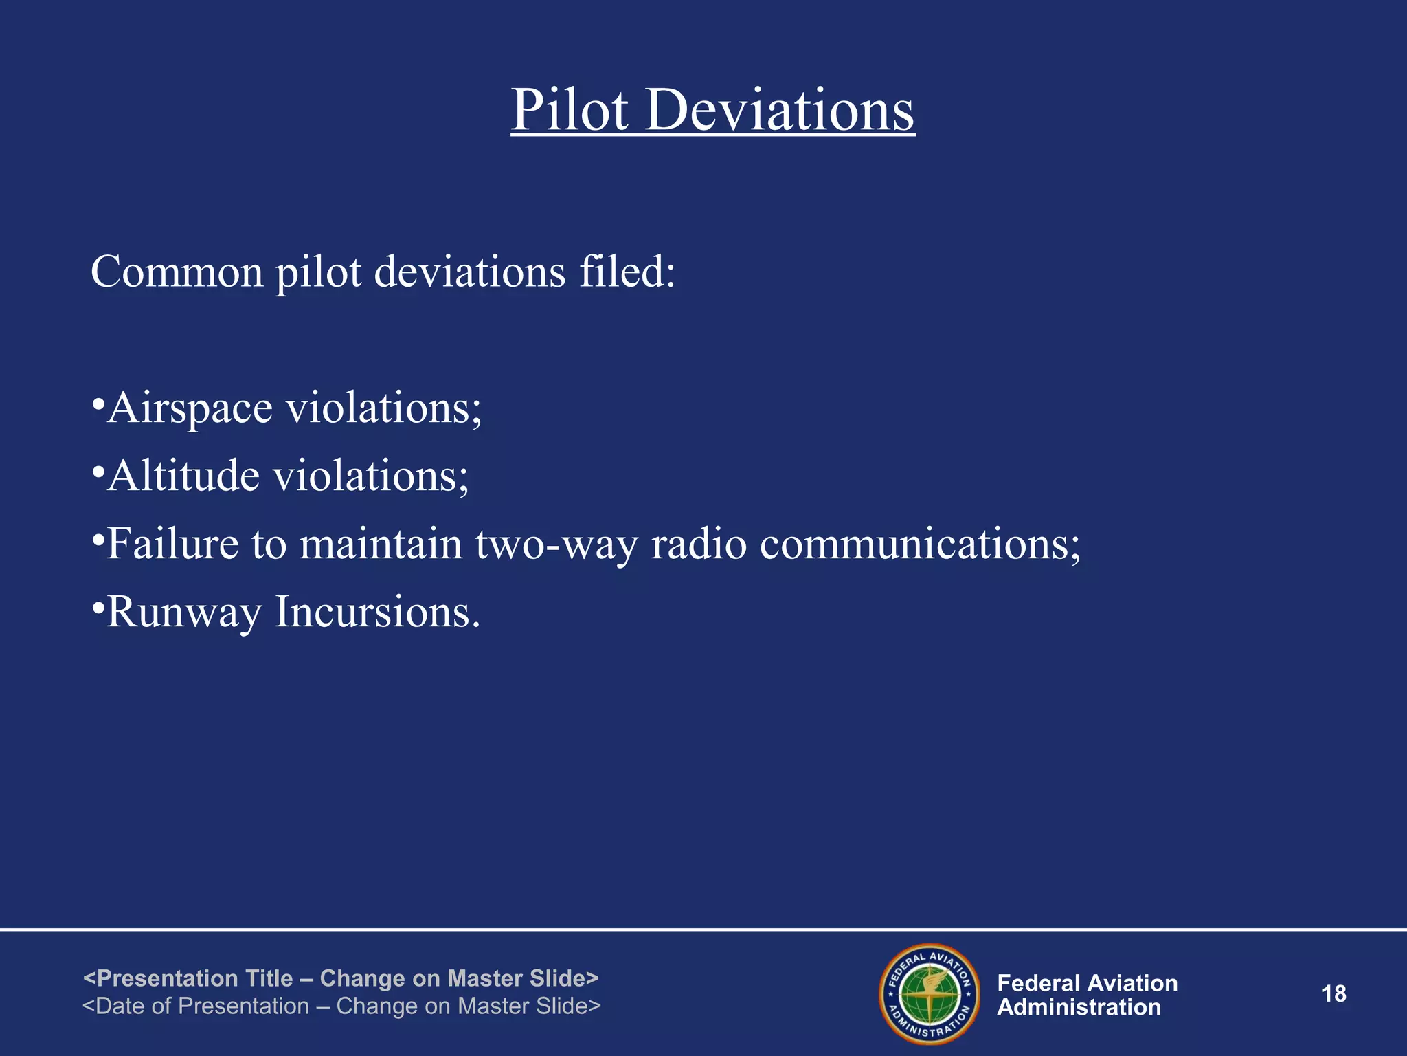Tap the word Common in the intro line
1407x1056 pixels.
point(177,272)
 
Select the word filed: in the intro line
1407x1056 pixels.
point(627,272)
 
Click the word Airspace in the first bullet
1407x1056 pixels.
point(190,408)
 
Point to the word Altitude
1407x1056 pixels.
point(183,476)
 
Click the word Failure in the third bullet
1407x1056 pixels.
point(172,544)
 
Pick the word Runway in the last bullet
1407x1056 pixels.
point(184,612)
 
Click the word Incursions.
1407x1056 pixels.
point(377,612)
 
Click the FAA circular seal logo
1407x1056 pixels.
point(930,994)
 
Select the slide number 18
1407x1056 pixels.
point(1333,994)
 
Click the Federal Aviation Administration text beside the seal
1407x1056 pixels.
point(1087,995)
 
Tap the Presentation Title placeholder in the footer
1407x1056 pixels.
point(341,978)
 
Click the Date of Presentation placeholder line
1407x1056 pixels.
point(341,1006)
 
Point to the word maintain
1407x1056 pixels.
point(381,544)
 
